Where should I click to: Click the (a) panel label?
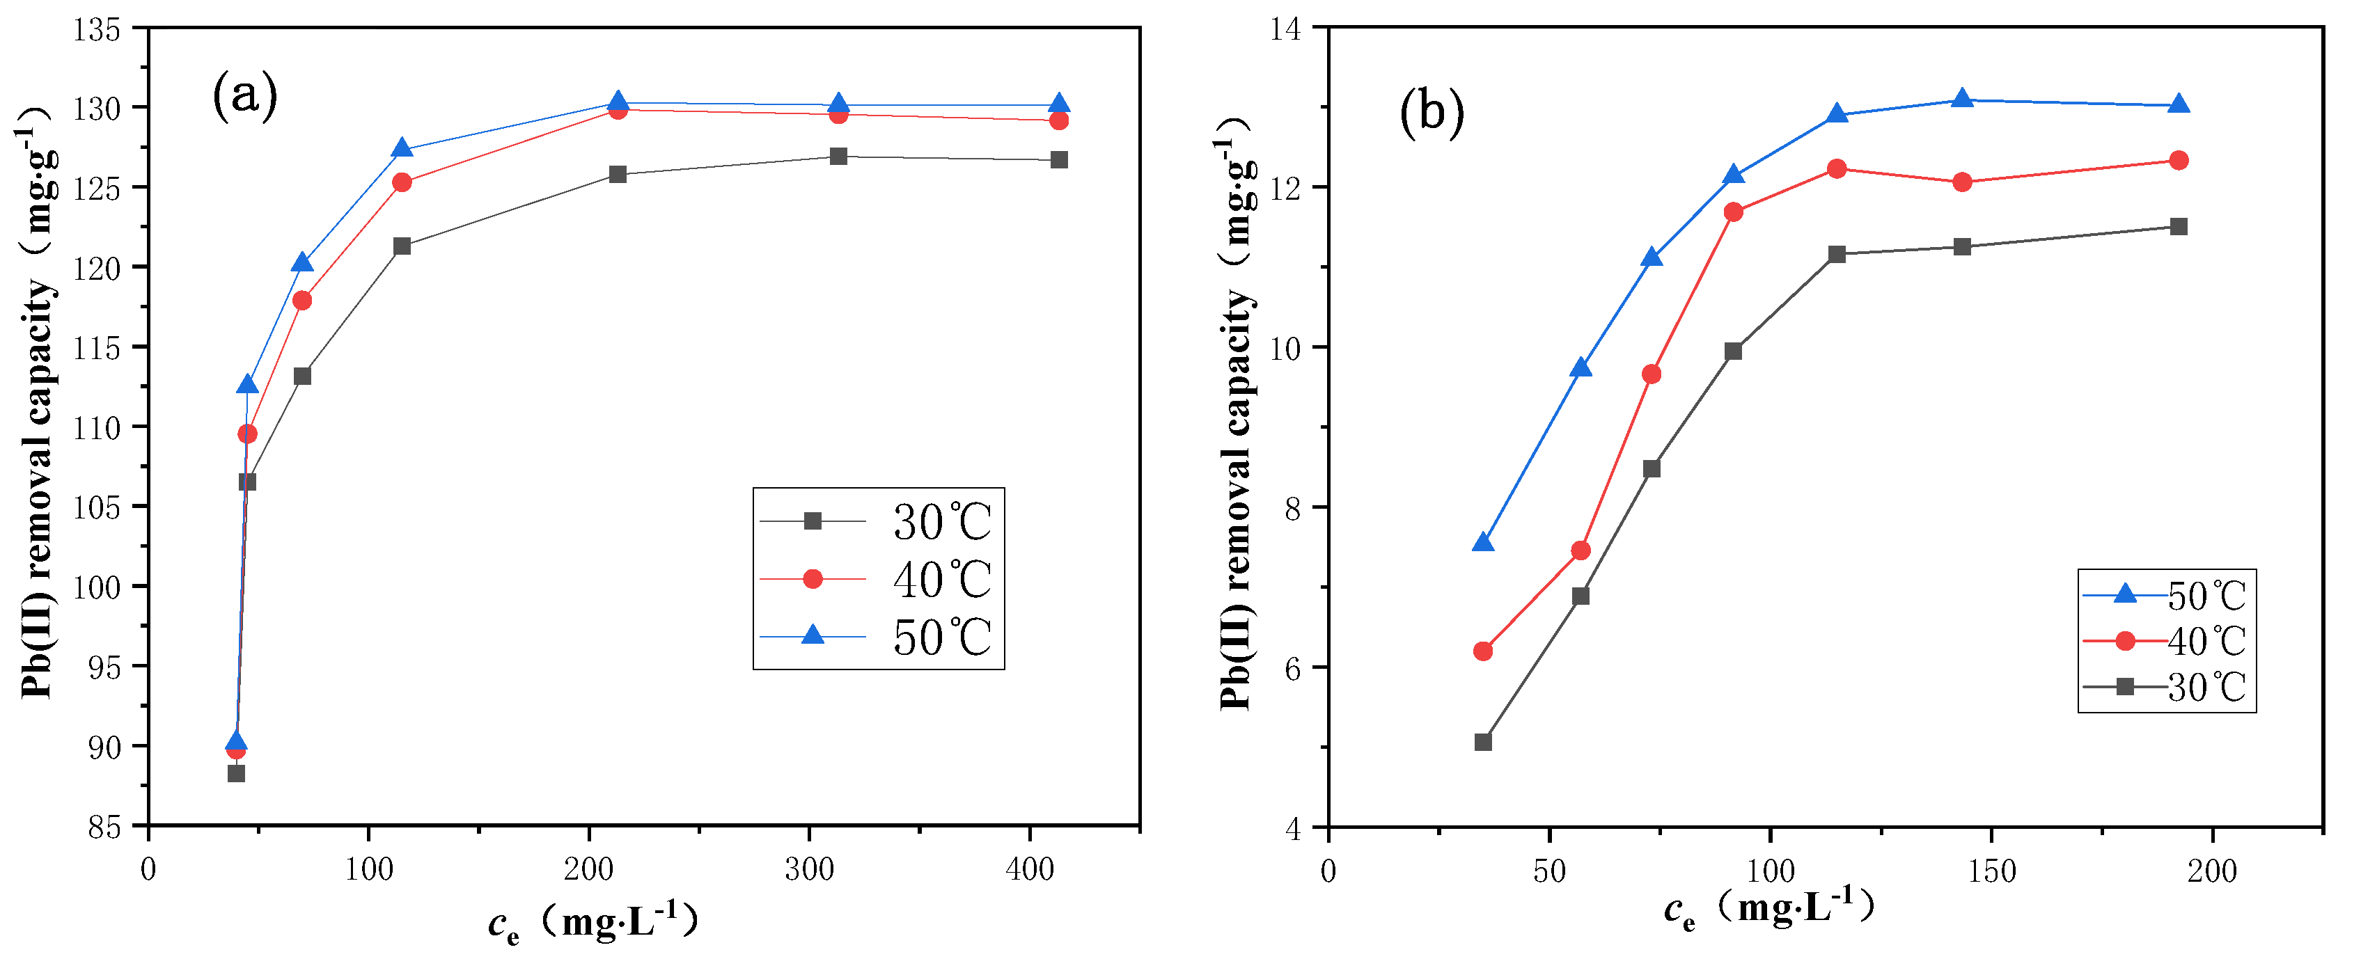(244, 95)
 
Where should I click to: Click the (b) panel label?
(1431, 113)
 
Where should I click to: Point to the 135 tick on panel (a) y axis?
(97, 30)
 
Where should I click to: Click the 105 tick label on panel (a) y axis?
(97, 508)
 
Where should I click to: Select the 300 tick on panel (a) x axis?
(809, 869)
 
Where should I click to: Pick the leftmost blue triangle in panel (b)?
(1483, 543)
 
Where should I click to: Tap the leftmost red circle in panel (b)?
(1483, 651)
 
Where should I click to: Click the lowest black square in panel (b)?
(1483, 742)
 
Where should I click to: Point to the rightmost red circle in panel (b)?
(2179, 160)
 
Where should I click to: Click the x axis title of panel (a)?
(594, 921)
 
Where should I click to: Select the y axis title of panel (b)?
(1237, 412)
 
